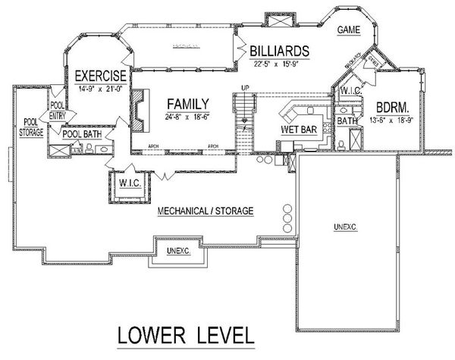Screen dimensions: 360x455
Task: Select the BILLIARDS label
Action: (x=278, y=51)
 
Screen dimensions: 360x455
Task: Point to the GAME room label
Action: (x=348, y=31)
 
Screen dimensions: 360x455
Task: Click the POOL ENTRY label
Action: (x=57, y=111)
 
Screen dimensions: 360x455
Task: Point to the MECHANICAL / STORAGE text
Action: (x=205, y=211)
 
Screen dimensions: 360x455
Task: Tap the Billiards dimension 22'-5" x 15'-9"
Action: (x=279, y=63)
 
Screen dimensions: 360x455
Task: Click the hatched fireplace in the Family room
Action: (x=138, y=100)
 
